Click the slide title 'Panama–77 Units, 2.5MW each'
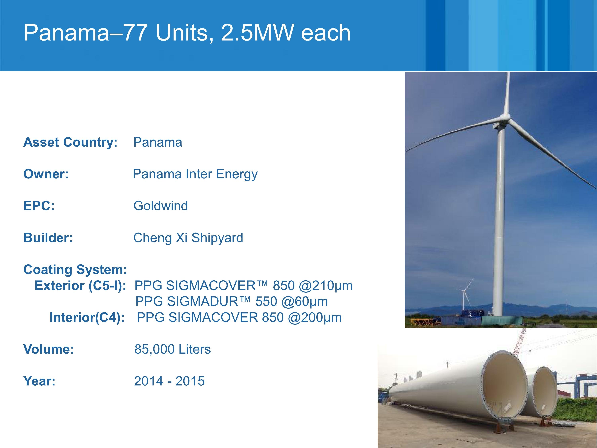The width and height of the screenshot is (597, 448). click(187, 33)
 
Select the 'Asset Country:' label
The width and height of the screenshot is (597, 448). click(70, 142)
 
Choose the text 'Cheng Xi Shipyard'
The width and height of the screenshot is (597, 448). click(188, 238)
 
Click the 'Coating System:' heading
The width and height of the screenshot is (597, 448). click(75, 270)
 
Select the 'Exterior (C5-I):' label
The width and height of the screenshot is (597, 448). click(80, 286)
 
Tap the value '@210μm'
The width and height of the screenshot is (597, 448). click(326, 286)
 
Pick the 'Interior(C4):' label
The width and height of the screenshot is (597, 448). click(87, 318)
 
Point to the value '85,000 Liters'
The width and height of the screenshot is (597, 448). click(173, 349)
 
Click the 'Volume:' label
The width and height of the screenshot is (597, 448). click(49, 349)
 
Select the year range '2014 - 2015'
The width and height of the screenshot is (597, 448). click(169, 381)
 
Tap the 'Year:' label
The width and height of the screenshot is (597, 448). click(39, 381)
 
